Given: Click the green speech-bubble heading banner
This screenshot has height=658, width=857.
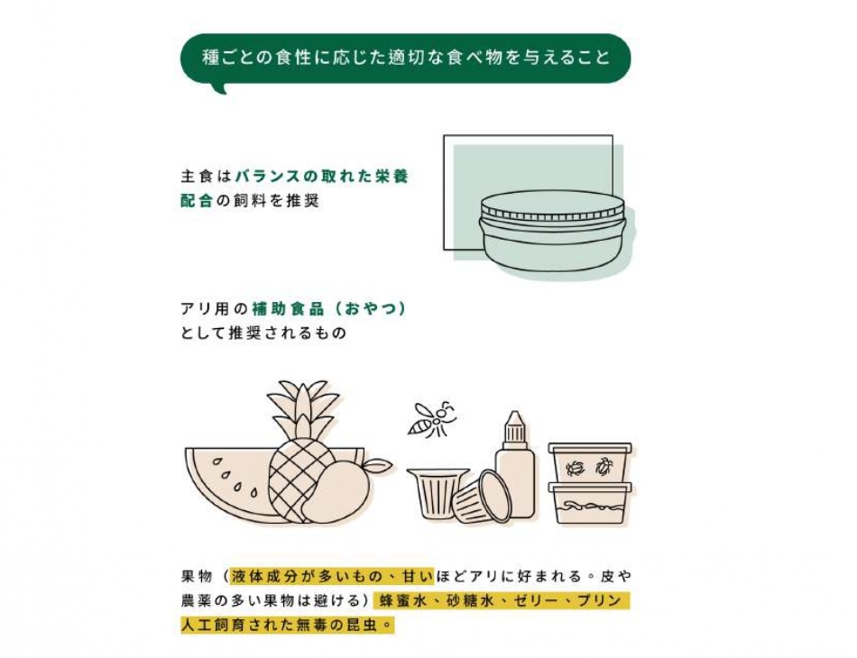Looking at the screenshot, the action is click(x=406, y=59).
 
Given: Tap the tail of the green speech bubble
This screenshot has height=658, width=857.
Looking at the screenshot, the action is click(x=219, y=88).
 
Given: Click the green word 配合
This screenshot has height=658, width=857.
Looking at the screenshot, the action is click(x=197, y=201).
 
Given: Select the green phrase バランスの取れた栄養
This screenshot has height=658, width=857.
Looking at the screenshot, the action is click(x=322, y=177).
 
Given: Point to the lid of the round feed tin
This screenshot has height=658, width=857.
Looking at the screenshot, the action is click(x=553, y=208).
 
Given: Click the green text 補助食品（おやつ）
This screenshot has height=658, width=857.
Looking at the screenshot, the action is click(x=329, y=309).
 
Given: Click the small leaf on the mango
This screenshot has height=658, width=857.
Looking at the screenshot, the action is click(x=378, y=466).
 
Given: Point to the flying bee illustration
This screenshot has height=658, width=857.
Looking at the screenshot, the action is click(x=432, y=419).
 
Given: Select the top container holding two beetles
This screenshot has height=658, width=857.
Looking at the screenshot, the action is click(x=590, y=462).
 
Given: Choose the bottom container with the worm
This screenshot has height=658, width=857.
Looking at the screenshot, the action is click(x=590, y=503).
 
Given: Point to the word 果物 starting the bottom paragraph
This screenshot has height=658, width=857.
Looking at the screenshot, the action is click(x=197, y=576).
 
